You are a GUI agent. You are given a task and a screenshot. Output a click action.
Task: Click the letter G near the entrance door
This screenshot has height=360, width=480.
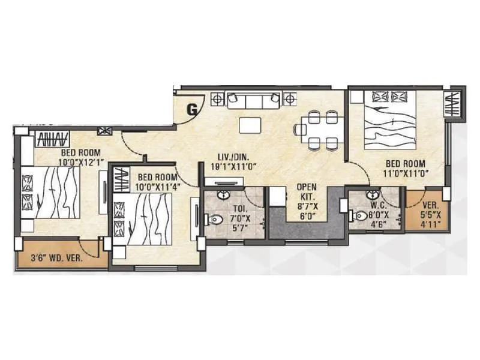click(x=192, y=110)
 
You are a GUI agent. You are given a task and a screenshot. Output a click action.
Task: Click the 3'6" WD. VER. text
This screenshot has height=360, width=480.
click(x=56, y=259)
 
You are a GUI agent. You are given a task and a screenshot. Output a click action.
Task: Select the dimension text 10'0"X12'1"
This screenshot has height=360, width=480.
click(x=82, y=161)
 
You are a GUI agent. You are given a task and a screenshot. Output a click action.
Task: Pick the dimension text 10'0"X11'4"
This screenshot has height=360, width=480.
click(x=157, y=187)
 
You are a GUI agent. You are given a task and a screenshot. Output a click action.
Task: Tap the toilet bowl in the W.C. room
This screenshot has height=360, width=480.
click(x=360, y=215)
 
